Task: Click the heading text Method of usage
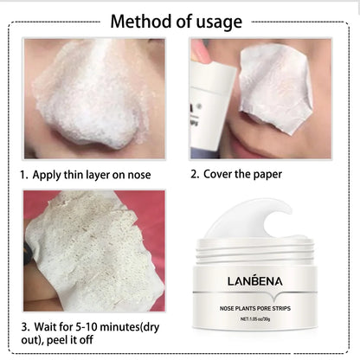[179, 20]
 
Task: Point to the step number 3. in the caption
[25, 327]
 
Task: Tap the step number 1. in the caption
[25, 174]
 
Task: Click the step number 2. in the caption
[195, 174]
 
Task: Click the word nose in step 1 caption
[137, 174]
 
